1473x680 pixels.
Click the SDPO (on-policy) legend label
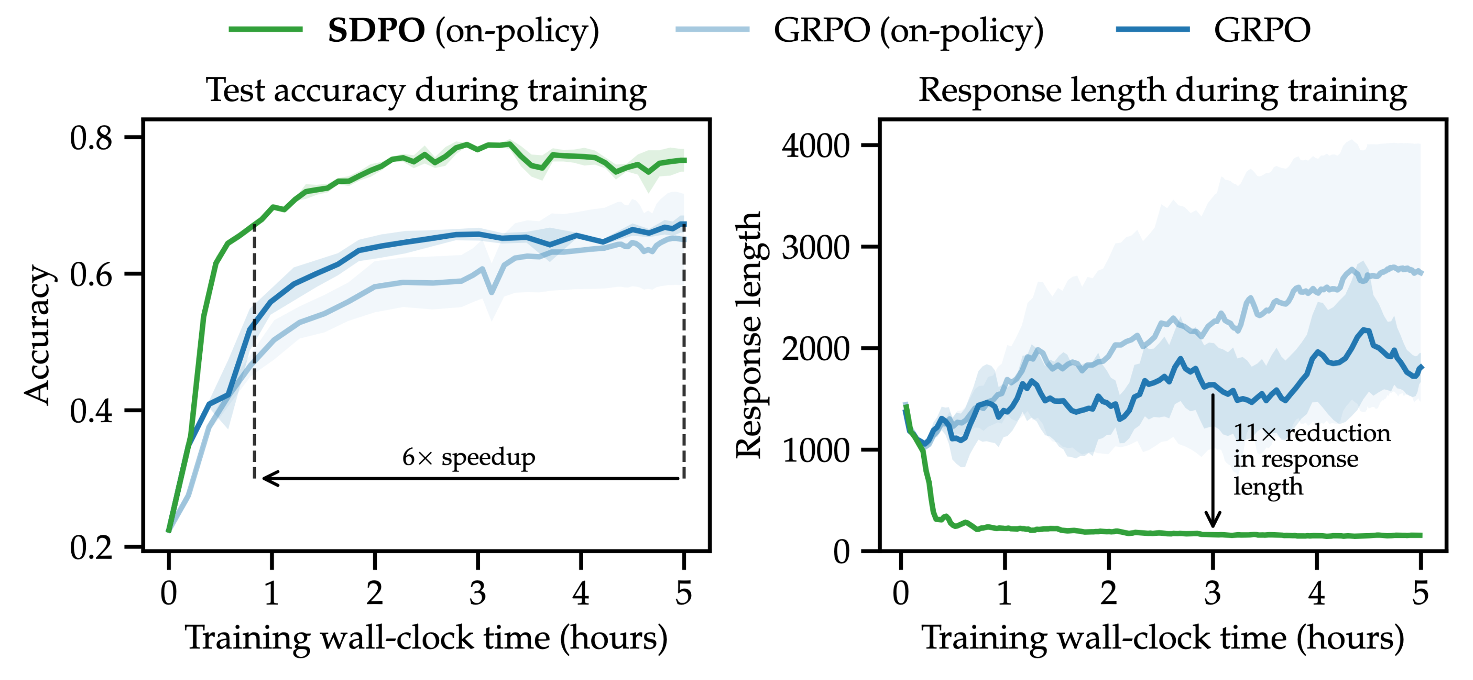[463, 31]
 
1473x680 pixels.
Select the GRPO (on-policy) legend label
[908, 31]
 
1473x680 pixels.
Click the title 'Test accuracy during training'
[426, 90]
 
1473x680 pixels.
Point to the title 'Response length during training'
[1163, 90]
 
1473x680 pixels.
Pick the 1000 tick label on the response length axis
[815, 450]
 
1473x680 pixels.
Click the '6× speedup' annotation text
[468, 457]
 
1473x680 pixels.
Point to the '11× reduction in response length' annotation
[1311, 459]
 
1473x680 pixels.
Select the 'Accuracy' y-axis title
[38, 335]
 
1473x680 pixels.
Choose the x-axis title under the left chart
[426, 638]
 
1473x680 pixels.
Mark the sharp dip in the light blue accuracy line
[492, 292]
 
